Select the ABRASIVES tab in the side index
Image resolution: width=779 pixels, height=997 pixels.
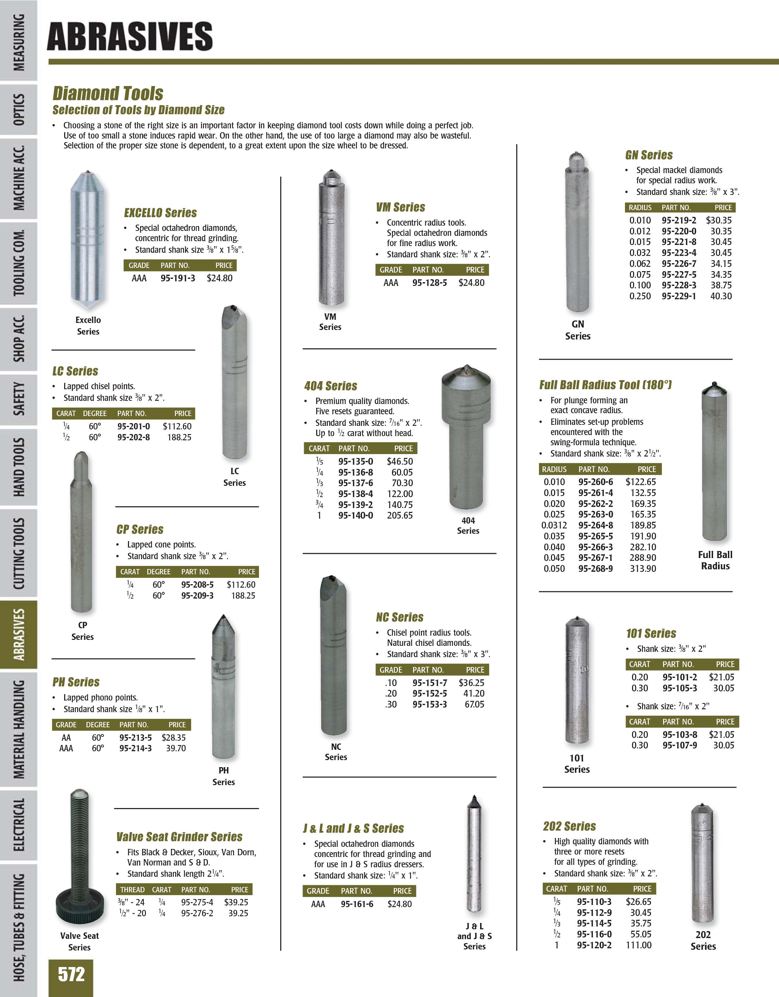pyautogui.click(x=19, y=635)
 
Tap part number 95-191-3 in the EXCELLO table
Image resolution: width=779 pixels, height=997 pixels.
pyautogui.click(x=178, y=278)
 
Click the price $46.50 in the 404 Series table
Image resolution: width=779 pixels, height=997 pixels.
pyautogui.click(x=400, y=461)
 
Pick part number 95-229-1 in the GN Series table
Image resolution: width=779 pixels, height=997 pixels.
pyautogui.click(x=679, y=296)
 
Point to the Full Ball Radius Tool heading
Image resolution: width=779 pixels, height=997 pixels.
pyautogui.click(x=605, y=385)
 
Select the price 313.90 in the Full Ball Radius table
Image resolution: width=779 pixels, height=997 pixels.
pyautogui.click(x=643, y=569)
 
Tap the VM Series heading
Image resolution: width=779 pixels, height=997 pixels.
pyautogui.click(x=400, y=207)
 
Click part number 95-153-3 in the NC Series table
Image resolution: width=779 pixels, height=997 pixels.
pyautogui.click(x=429, y=704)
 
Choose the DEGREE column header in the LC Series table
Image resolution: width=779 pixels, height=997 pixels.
pyautogui.click(x=94, y=414)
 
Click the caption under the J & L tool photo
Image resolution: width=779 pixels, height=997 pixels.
pyautogui.click(x=474, y=936)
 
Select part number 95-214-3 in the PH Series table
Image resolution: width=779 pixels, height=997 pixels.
pyautogui.click(x=136, y=748)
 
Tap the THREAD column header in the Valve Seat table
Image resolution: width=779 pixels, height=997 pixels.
pyautogui.click(x=132, y=890)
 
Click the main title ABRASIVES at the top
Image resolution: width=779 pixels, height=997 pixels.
pyautogui.click(x=130, y=37)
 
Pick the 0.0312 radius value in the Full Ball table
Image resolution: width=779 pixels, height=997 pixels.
pyautogui.click(x=554, y=525)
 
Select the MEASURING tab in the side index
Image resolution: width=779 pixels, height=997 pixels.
pyautogui.click(x=19, y=42)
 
